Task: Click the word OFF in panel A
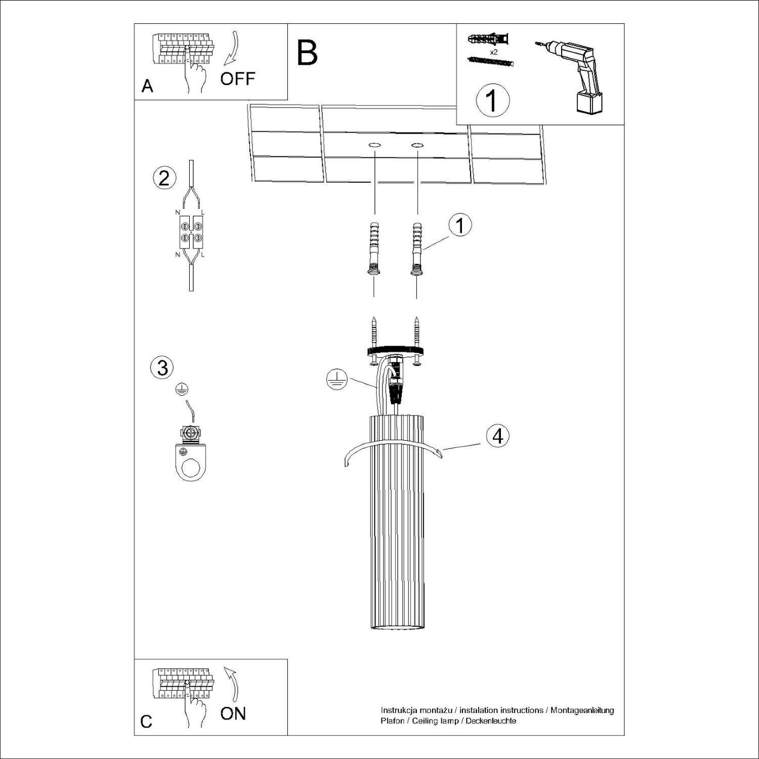tap(237, 79)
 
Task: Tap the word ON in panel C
tap(233, 713)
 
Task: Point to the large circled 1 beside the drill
tap(492, 100)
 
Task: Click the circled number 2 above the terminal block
tap(164, 179)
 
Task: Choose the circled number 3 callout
tap(162, 367)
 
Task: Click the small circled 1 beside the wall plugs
tap(459, 226)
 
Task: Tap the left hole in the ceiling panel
tap(374, 146)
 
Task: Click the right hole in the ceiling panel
tap(417, 146)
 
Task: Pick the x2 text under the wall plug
tap(494, 52)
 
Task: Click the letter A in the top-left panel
tap(147, 86)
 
